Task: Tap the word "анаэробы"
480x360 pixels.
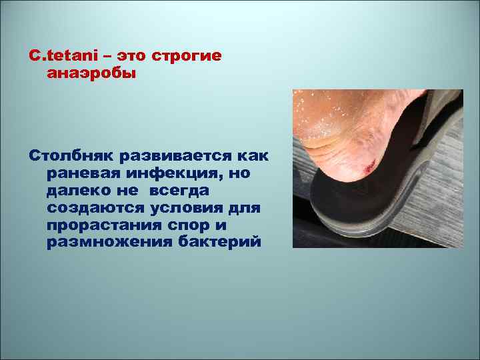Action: pyautogui.click(x=91, y=73)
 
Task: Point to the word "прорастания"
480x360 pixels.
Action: pyautogui.click(x=105, y=225)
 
